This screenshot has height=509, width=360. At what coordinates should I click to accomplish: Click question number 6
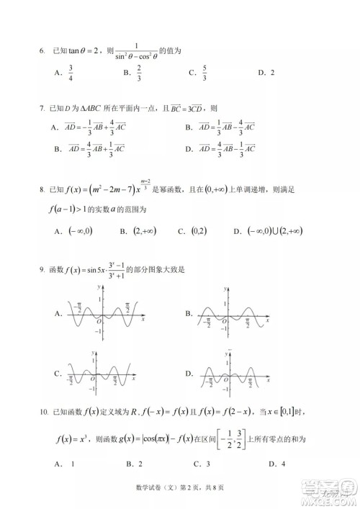tap(42, 51)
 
